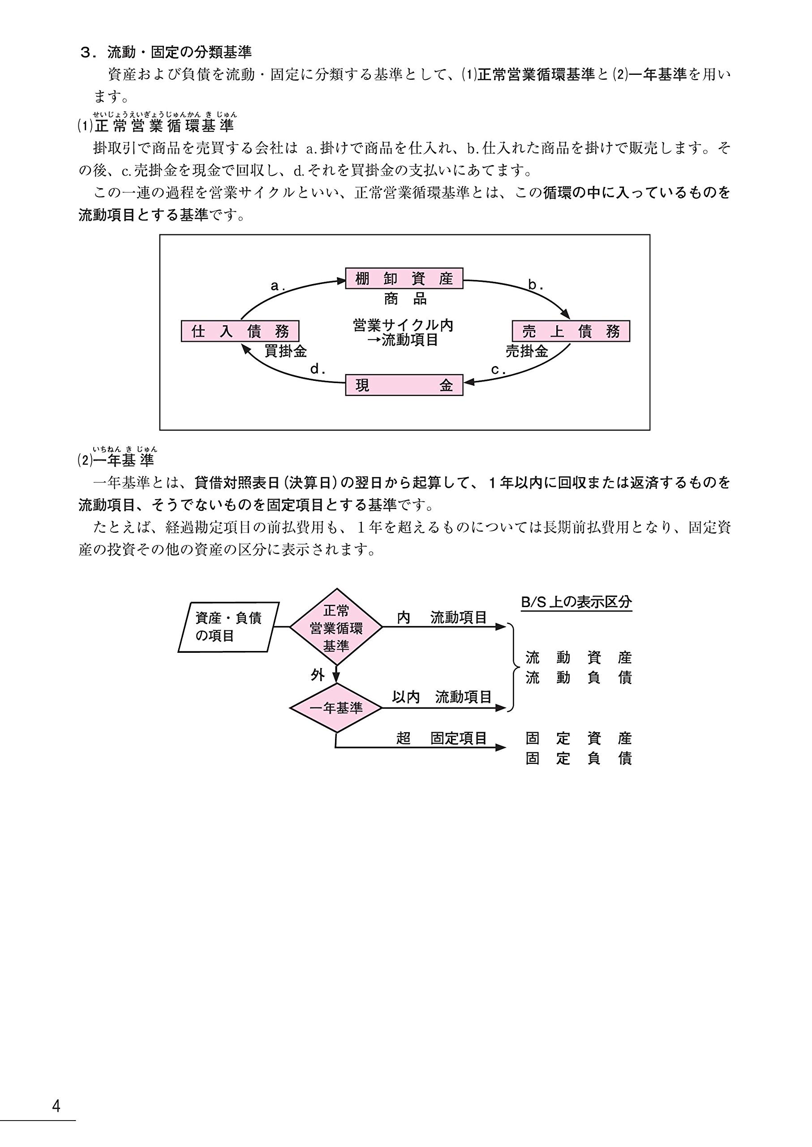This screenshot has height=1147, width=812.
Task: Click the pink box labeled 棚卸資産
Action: click(404, 278)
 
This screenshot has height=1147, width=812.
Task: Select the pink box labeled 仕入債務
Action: click(240, 331)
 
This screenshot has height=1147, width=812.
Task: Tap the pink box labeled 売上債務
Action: click(571, 331)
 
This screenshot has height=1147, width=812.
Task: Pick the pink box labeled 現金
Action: click(404, 385)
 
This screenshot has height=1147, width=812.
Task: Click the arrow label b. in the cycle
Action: click(536, 285)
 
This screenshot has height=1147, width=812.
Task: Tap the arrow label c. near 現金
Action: click(498, 370)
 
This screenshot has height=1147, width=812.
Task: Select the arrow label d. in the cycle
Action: click(318, 370)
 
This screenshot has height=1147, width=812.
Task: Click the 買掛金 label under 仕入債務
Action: click(285, 351)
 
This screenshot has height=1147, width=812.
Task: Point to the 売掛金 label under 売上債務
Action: click(527, 351)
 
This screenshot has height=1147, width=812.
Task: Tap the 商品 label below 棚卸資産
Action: click(405, 299)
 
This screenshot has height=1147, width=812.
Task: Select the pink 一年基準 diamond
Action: click(336, 708)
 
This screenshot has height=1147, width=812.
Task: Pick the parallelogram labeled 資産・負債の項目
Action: click(228, 627)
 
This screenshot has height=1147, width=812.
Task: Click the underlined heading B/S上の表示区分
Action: click(576, 602)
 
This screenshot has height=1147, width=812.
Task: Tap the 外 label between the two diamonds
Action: click(318, 675)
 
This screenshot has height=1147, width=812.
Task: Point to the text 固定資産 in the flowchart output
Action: click(579, 738)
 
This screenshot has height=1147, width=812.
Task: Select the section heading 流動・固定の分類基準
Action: click(180, 52)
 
